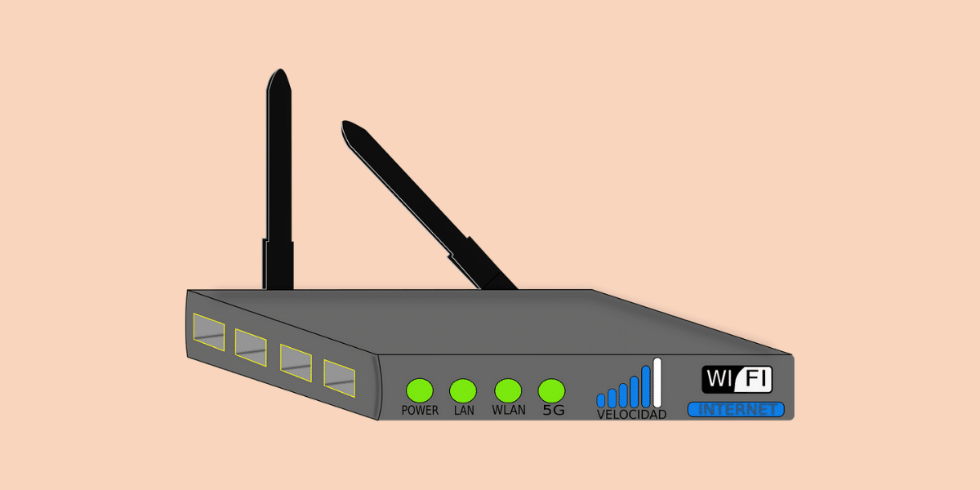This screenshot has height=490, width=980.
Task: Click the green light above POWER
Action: click(x=420, y=390)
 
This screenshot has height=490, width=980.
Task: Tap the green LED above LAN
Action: click(x=463, y=390)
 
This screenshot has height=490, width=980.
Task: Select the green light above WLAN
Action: click(x=508, y=390)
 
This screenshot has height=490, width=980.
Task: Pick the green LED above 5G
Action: click(x=552, y=390)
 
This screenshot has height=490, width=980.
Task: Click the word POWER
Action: click(x=420, y=411)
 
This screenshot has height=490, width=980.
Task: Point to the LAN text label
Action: click(x=464, y=411)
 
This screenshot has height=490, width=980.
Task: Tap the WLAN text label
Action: click(x=509, y=411)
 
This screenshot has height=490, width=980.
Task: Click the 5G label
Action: click(x=554, y=411)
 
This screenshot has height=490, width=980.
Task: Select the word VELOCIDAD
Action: click(x=631, y=415)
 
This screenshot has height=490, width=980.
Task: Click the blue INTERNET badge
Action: click(x=736, y=409)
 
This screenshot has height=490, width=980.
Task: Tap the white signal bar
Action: click(x=657, y=382)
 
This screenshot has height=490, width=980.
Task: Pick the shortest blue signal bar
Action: click(x=601, y=399)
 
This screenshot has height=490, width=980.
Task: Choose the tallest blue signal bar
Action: click(x=646, y=385)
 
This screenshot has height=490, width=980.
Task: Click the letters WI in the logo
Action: click(x=721, y=380)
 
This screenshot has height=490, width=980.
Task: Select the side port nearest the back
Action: click(x=208, y=330)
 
